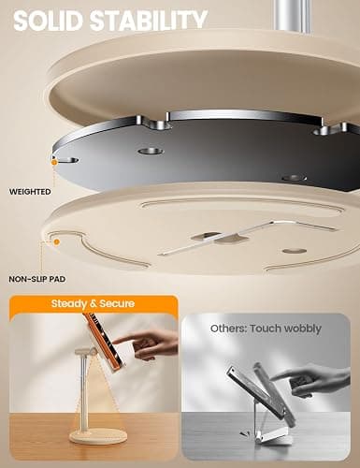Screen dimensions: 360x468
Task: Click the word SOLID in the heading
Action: click(x=49, y=21)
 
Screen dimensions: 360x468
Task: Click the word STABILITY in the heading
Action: click(x=149, y=21)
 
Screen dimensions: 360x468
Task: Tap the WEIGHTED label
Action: click(x=30, y=192)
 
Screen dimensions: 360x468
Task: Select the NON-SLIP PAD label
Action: click(x=37, y=279)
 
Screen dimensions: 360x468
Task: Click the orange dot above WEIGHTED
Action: click(x=54, y=162)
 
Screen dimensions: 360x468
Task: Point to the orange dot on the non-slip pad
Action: click(x=56, y=241)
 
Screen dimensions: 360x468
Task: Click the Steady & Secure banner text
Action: click(x=93, y=303)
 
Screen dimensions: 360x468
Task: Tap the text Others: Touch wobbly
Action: click(x=266, y=329)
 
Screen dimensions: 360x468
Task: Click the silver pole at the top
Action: click(x=293, y=16)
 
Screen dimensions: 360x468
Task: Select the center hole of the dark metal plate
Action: click(x=151, y=152)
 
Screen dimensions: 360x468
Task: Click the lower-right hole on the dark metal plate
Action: click(x=295, y=178)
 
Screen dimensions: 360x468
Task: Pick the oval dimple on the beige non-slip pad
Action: click(x=295, y=251)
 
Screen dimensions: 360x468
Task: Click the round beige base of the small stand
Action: click(x=98, y=437)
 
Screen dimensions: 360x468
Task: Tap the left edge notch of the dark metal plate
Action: click(x=66, y=160)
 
